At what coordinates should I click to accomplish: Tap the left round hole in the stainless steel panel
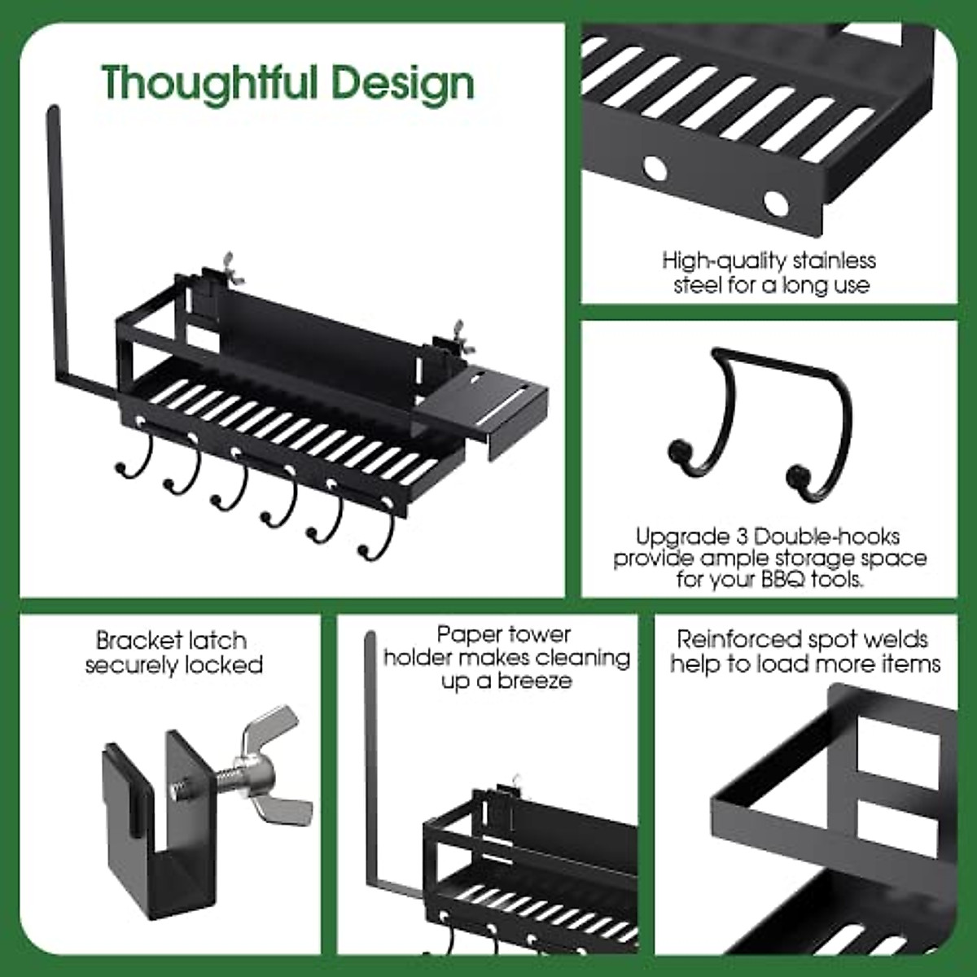pyautogui.click(x=654, y=169)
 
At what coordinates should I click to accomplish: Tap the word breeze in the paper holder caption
pyautogui.click(x=530, y=681)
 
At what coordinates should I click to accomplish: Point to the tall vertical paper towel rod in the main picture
pyautogui.click(x=55, y=244)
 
